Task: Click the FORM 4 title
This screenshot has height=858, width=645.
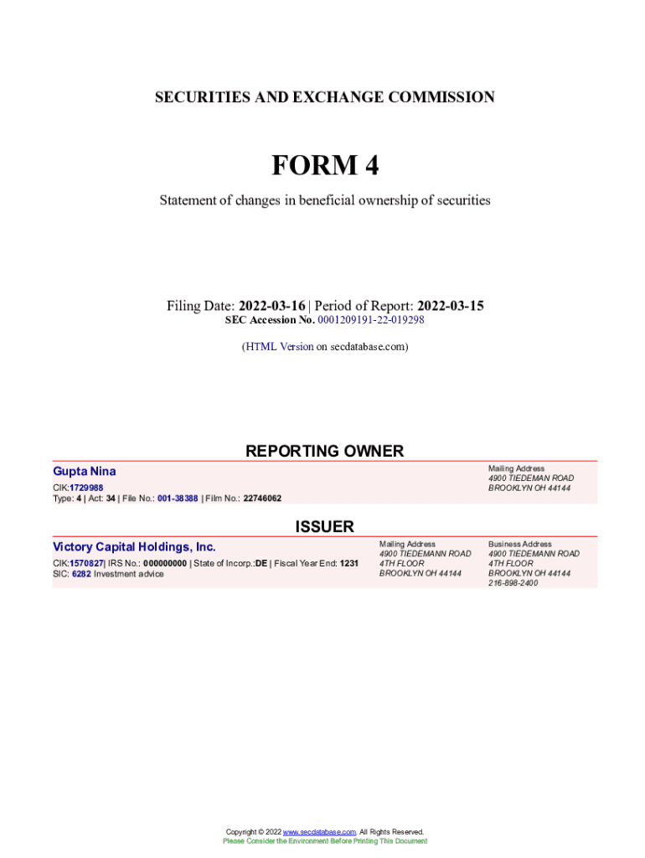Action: click(x=324, y=166)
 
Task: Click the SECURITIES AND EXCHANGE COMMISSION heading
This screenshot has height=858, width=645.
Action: click(x=324, y=97)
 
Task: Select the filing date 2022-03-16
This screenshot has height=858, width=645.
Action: click(x=272, y=306)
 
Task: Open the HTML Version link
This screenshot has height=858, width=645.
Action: click(x=279, y=346)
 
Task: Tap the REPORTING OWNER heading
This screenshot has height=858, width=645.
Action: click(x=324, y=451)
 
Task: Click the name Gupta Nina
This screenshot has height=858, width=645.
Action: click(x=85, y=472)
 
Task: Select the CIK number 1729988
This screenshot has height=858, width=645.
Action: click(x=86, y=488)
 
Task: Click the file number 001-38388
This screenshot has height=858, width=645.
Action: click(x=178, y=498)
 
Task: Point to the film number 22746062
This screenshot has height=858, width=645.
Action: click(x=262, y=498)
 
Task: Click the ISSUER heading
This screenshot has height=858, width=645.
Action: click(x=324, y=526)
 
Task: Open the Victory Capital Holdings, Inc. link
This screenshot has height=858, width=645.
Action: click(x=134, y=547)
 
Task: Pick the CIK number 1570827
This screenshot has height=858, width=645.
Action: click(x=86, y=563)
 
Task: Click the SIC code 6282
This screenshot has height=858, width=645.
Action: click(x=81, y=574)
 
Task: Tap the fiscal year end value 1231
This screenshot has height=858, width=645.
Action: click(x=348, y=563)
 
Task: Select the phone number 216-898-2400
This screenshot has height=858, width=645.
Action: click(x=513, y=583)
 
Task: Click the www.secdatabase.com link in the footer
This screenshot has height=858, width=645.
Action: click(x=319, y=831)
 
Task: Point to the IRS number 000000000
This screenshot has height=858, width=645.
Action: click(x=165, y=563)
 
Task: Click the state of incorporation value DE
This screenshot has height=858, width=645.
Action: click(x=261, y=563)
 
